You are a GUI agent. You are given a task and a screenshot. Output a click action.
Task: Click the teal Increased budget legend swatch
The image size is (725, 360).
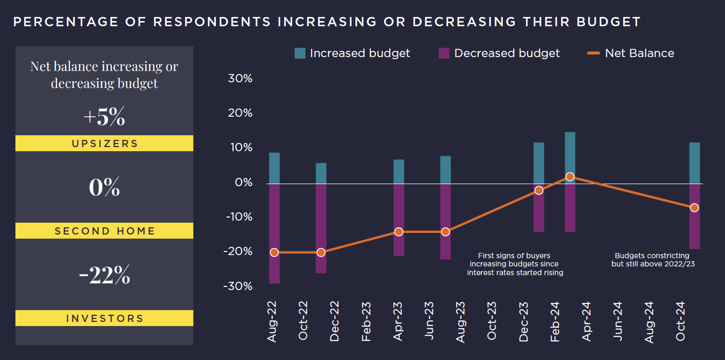[x=300, y=53]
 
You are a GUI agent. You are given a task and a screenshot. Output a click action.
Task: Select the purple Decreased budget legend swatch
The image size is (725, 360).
[x=444, y=53]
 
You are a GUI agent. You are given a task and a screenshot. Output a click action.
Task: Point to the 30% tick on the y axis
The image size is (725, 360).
[x=240, y=79]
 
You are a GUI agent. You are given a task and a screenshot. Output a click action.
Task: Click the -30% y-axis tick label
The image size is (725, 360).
[x=238, y=286]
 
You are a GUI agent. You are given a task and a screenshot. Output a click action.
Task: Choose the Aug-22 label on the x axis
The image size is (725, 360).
[x=272, y=321]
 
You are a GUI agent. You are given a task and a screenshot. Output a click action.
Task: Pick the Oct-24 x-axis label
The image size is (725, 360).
[x=681, y=321]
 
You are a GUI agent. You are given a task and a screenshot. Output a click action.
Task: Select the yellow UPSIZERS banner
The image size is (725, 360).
[x=104, y=143]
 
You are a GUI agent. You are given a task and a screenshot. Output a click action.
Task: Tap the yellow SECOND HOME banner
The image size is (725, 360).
[x=104, y=231]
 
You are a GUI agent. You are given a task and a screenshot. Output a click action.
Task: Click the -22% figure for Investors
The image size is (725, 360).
[x=104, y=276]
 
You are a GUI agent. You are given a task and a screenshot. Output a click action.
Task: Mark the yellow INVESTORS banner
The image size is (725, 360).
[x=104, y=318]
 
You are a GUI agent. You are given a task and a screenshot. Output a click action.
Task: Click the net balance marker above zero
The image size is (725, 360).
[x=570, y=176]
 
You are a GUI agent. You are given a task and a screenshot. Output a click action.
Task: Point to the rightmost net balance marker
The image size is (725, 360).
[x=694, y=208]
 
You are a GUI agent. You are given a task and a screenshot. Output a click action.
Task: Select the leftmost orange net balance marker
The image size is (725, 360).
[x=274, y=252]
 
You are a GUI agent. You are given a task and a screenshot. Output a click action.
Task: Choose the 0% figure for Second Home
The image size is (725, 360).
[x=104, y=188]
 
